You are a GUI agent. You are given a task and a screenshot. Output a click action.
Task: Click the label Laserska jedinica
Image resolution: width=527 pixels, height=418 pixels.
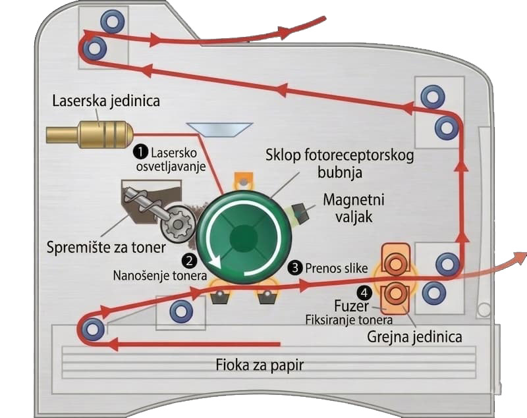(x=106, y=101)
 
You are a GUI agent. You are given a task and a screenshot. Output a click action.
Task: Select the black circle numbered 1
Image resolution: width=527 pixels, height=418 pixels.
(x=140, y=151)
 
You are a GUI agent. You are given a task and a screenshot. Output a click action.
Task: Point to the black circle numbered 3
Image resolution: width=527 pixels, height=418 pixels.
(x=295, y=267)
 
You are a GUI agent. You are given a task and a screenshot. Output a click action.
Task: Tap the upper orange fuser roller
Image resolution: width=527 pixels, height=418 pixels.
(x=395, y=265)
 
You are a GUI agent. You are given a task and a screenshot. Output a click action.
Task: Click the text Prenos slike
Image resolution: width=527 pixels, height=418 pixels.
(x=336, y=268)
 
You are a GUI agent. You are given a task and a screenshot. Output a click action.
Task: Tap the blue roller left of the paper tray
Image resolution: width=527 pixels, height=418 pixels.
(x=92, y=327)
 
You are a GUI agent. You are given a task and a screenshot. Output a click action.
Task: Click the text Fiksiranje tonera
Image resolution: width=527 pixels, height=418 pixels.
(x=349, y=320)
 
